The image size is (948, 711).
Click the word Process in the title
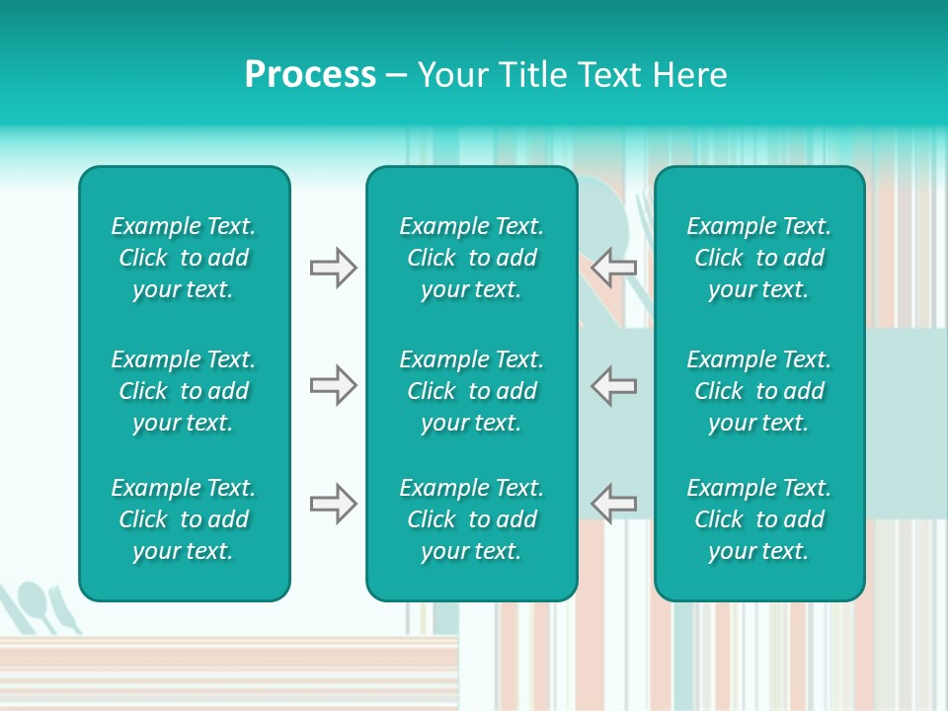[x=310, y=75]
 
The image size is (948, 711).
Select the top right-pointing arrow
[x=333, y=268]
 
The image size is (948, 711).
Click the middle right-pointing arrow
[x=333, y=385]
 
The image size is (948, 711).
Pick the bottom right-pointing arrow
[x=333, y=504]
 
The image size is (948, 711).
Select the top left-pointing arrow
[x=613, y=268]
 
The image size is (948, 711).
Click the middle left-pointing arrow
[x=613, y=385]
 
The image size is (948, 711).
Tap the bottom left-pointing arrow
[x=613, y=504]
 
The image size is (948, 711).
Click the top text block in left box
[x=184, y=258]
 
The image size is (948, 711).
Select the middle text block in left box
[x=184, y=391]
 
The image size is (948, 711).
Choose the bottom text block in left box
[x=184, y=519]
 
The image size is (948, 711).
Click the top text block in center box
[x=471, y=258]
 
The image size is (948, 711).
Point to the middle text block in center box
[x=471, y=391]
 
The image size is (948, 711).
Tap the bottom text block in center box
[x=471, y=519]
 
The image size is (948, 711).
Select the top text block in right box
[x=758, y=258]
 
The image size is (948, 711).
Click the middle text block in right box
[x=758, y=391]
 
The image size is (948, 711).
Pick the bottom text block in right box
[x=758, y=519]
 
